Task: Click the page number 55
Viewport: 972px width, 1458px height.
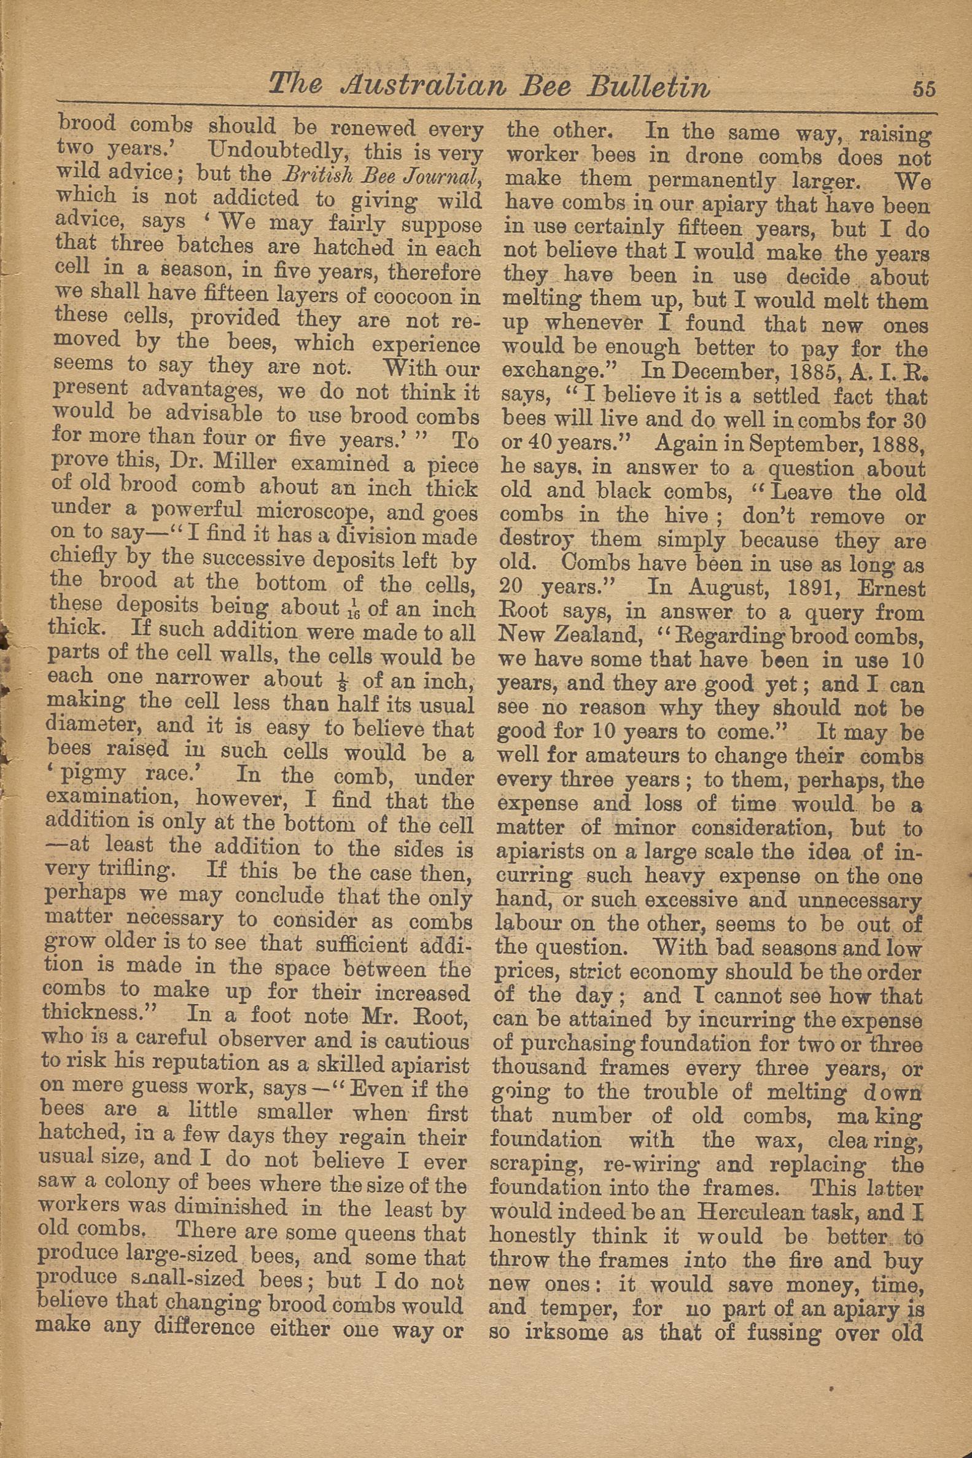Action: tap(923, 89)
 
